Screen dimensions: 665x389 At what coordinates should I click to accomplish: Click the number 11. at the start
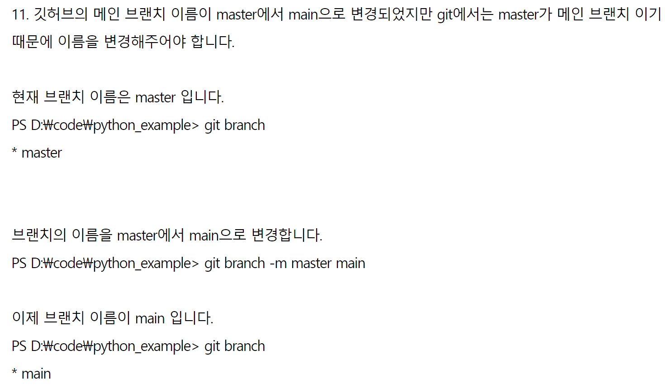point(20,14)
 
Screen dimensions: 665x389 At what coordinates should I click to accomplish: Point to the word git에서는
point(465,14)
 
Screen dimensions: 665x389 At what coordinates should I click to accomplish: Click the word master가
point(525,14)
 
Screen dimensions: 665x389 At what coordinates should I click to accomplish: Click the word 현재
point(25,97)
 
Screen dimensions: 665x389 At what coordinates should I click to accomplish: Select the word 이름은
point(110,97)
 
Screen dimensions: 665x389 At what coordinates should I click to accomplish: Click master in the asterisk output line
point(42,153)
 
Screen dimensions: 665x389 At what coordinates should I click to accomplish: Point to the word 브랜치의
point(39,235)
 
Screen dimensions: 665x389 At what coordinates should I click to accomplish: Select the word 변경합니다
point(287,235)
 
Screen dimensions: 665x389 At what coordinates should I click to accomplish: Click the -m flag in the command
point(278,263)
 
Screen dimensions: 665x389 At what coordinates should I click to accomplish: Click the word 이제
point(25,318)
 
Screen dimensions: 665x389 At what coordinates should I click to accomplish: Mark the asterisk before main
point(14,372)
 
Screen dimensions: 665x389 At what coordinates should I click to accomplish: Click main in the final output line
point(36,374)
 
